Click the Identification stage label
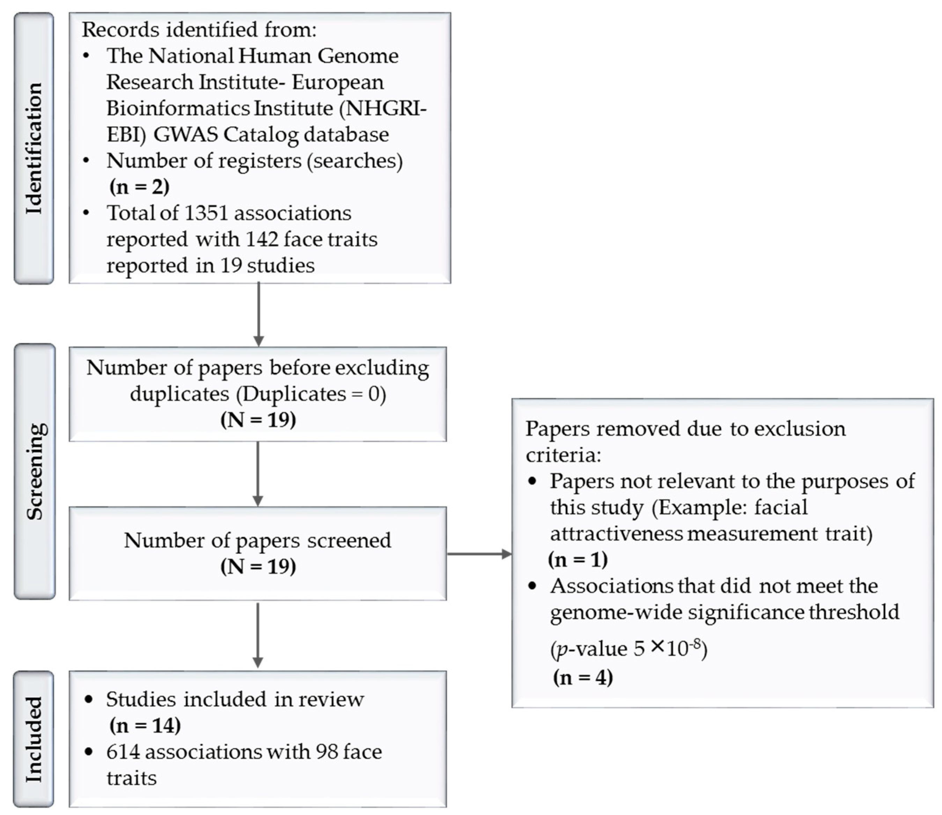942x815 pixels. point(34,148)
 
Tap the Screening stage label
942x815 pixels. point(35,471)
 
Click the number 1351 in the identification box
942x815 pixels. point(206,213)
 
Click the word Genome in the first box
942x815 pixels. point(358,56)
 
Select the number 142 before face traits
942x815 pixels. point(262,239)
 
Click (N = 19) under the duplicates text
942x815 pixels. point(258,419)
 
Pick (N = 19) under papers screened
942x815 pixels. point(258,566)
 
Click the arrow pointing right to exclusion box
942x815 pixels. point(479,554)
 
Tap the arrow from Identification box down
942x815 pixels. point(258,314)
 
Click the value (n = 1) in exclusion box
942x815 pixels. point(577,560)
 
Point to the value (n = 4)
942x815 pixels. point(583,677)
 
